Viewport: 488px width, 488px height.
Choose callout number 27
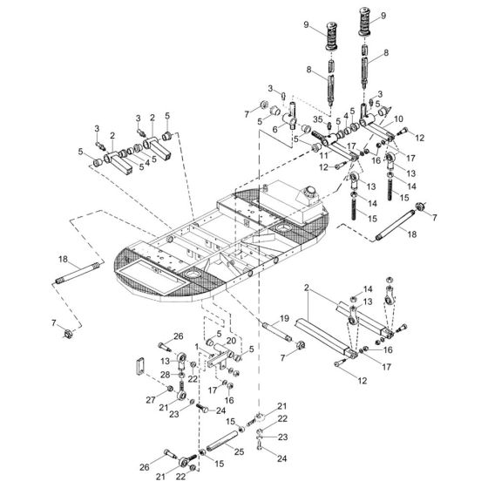(x=151, y=401)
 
